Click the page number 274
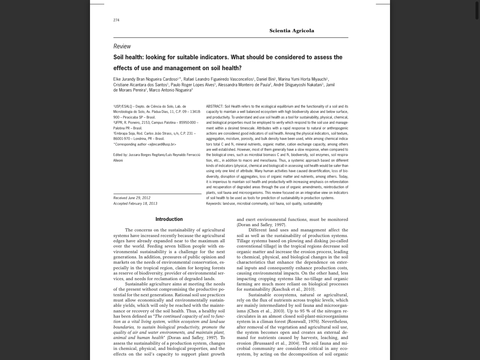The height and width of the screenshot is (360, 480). pyautogui.click(x=116, y=20)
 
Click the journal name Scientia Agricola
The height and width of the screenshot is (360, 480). pyautogui.click(x=291, y=31)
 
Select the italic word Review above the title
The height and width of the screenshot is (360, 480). pyautogui.click(x=122, y=46)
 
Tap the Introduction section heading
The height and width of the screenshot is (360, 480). pyautogui.click(x=169, y=219)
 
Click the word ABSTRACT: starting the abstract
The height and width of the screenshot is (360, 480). pyautogui.click(x=214, y=106)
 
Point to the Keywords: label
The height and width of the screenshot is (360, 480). pyautogui.click(x=214, y=204)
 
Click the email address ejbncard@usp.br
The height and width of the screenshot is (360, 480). pyautogui.click(x=162, y=144)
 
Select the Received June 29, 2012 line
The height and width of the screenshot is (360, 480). pyautogui.click(x=132, y=198)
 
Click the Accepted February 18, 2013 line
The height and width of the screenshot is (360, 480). pyautogui.click(x=135, y=204)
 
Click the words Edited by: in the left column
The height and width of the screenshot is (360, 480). pyautogui.click(x=120, y=155)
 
